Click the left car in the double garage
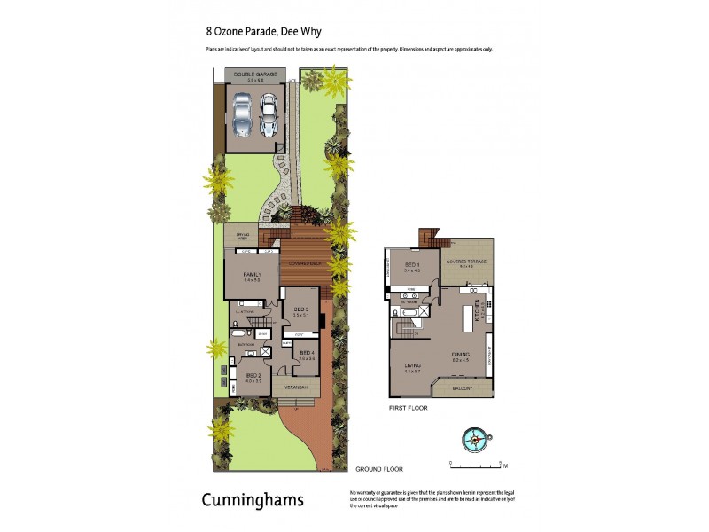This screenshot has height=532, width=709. [x=240, y=113]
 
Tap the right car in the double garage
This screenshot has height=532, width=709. [x=269, y=113]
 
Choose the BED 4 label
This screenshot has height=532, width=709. [x=307, y=354]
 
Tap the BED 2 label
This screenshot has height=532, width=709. [x=253, y=376]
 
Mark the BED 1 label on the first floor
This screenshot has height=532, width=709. [x=411, y=265]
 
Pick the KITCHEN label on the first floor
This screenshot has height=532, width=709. [x=476, y=309]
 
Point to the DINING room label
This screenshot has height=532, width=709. [x=461, y=355]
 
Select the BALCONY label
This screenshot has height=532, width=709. [x=462, y=387]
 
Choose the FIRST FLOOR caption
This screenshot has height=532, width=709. [x=409, y=409]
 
